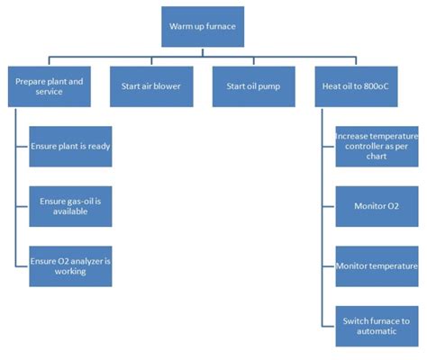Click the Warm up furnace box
coord(203,27)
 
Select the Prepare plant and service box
coord(50,86)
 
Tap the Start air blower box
coord(151,86)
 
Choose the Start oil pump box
coord(254,86)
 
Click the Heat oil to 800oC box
coord(356,86)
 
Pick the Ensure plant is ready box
coord(70,147)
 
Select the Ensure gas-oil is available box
coord(70,206)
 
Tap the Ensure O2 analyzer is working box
coord(70,266)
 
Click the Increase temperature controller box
coord(377,147)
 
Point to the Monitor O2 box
coord(377,206)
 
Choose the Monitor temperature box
coord(377,266)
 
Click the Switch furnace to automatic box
coord(377,327)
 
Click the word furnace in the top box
coord(221,26)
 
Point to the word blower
coord(167,86)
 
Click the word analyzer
coord(87,262)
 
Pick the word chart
coord(377,157)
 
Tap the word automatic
coord(377,331)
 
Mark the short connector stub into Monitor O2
coord(329,206)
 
